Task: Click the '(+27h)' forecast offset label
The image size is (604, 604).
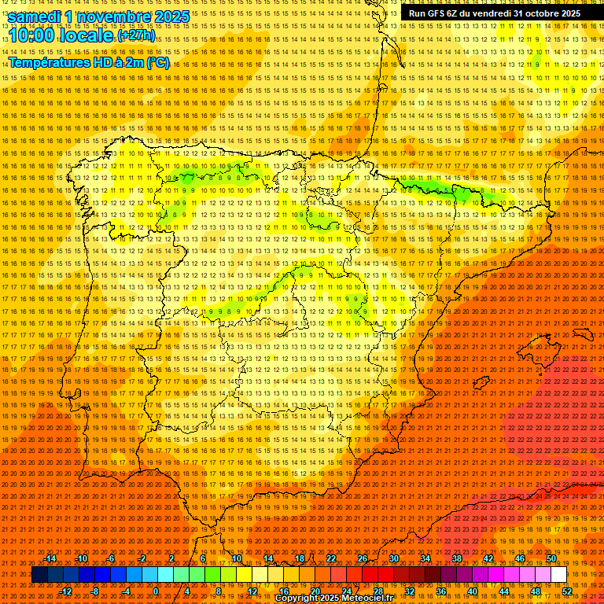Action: (x=137, y=36)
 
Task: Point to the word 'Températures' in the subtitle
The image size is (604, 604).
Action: (x=47, y=62)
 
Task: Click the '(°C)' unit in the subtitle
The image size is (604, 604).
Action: (x=158, y=62)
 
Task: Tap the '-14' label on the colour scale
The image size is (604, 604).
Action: (x=50, y=558)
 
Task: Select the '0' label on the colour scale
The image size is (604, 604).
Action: (x=156, y=591)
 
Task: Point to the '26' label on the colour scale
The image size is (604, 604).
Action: (x=363, y=558)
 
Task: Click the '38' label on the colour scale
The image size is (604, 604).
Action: (x=456, y=558)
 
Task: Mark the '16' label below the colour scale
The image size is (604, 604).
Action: (x=284, y=591)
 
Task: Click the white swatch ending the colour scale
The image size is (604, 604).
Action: (x=558, y=575)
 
